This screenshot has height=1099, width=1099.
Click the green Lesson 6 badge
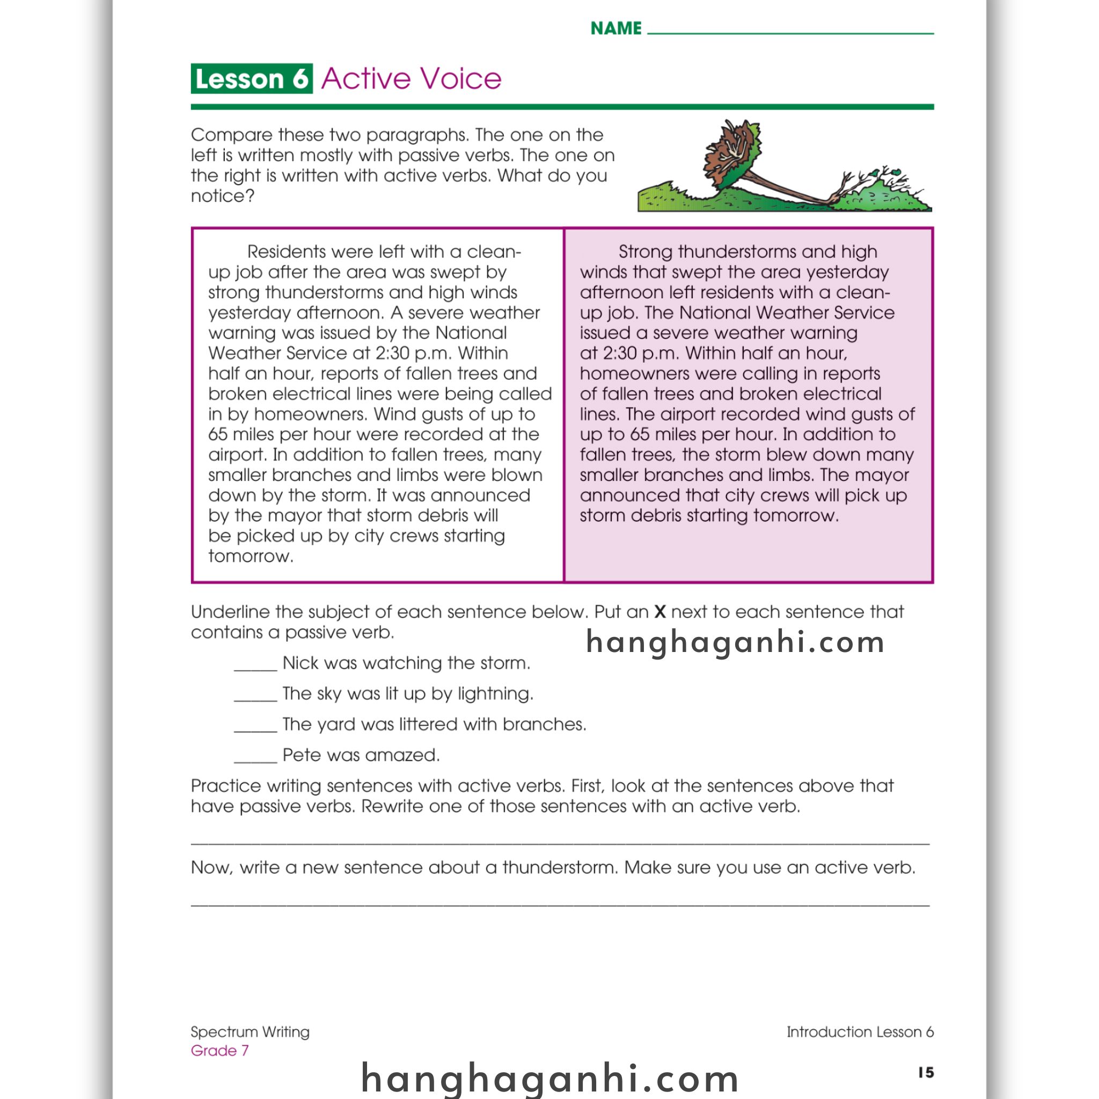[x=252, y=78]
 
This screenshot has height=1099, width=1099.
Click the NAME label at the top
[x=616, y=28]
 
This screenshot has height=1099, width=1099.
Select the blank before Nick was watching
[x=255, y=666]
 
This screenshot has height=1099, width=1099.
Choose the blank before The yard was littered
[x=255, y=728]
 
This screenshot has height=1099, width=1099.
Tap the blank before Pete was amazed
[x=255, y=758]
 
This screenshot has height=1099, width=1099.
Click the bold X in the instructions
[x=660, y=612]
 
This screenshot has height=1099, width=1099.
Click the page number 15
[x=926, y=1072]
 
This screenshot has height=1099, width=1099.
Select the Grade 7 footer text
[x=219, y=1050]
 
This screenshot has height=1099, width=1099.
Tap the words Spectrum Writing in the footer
[x=250, y=1031]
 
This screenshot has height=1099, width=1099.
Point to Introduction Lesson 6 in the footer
[x=860, y=1031]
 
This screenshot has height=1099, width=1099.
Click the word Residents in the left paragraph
[x=286, y=252]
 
